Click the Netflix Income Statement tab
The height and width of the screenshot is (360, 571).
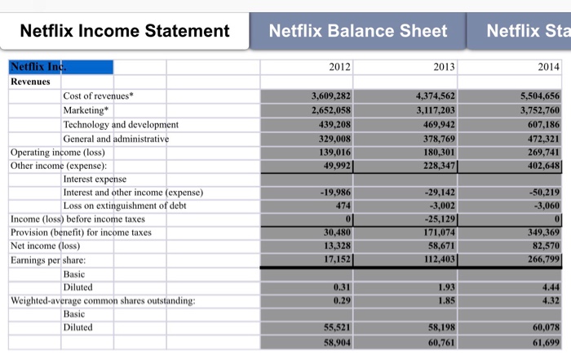pyautogui.click(x=124, y=31)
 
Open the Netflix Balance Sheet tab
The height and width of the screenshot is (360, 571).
pyautogui.click(x=358, y=31)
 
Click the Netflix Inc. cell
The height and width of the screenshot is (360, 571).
pyautogui.click(x=37, y=67)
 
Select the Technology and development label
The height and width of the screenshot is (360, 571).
pyautogui.click(x=121, y=124)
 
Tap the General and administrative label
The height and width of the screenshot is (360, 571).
pyautogui.click(x=116, y=139)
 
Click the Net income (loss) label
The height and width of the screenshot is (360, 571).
pyautogui.click(x=45, y=246)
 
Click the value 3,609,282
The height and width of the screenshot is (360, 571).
pyautogui.click(x=331, y=96)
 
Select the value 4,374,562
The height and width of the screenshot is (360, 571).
pyautogui.click(x=436, y=96)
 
